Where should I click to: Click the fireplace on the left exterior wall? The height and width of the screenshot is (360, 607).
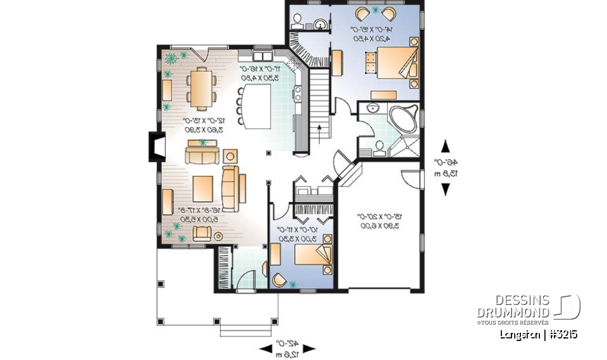coord(154,147)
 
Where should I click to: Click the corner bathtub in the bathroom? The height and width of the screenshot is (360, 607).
coord(402,121)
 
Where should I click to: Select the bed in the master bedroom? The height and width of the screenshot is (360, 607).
coord(388,63)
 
